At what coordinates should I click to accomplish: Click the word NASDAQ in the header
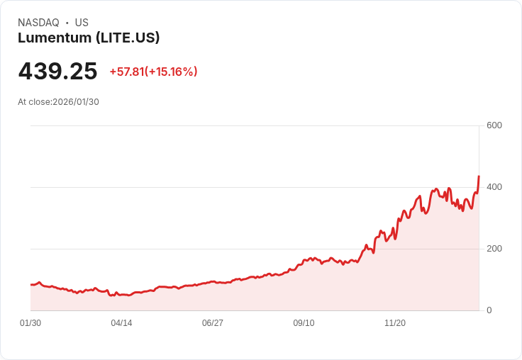coord(38,23)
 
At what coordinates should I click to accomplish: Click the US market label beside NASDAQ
coord(82,23)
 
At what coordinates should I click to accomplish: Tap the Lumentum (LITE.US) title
coord(89,38)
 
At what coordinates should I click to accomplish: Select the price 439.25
coord(57,72)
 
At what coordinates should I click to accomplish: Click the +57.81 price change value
coord(126,72)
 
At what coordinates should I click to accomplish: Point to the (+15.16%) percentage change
coord(171,72)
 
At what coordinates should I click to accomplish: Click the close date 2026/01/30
coord(77,102)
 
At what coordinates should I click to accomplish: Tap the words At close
coord(34,102)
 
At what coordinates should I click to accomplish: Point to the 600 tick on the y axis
coord(494,125)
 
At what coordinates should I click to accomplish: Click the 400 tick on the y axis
coord(494,187)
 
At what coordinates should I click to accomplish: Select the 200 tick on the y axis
coord(494,249)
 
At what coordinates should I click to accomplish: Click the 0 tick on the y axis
coord(489,310)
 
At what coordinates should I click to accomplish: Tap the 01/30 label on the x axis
coord(30,323)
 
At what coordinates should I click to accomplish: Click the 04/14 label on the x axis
coord(121,323)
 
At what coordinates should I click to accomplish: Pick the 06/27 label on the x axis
coord(213,323)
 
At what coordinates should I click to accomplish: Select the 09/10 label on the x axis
coord(304,323)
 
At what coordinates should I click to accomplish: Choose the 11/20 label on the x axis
coord(395,323)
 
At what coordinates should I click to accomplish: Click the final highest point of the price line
coord(479,176)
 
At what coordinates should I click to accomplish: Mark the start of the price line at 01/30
coord(31,284)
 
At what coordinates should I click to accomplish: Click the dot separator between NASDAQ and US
coord(67,23)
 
